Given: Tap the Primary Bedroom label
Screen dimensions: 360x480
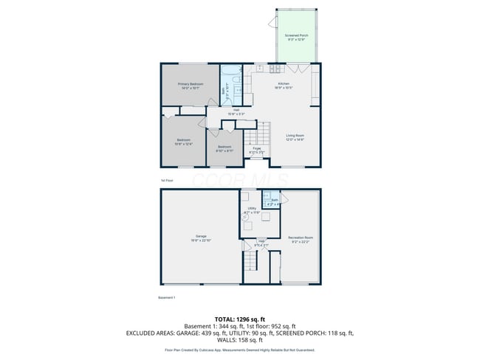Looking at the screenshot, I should point(190,86).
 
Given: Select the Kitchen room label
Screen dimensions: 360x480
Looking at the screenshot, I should point(284,86).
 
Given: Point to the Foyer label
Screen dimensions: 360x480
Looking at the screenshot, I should point(257,150).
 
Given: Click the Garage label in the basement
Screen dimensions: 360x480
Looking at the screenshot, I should point(201,238).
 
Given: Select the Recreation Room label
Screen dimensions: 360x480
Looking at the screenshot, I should point(300,238).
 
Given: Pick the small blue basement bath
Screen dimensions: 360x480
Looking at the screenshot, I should point(272,201).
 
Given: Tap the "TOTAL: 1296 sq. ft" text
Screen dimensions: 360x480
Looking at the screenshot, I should point(240,318).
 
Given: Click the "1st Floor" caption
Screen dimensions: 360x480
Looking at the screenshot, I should point(166,180).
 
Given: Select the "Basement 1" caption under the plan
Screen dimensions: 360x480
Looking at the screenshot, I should point(167,297).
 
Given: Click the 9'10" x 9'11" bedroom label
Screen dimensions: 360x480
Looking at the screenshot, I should point(224,148).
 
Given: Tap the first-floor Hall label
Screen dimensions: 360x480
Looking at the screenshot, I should point(236,113).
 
